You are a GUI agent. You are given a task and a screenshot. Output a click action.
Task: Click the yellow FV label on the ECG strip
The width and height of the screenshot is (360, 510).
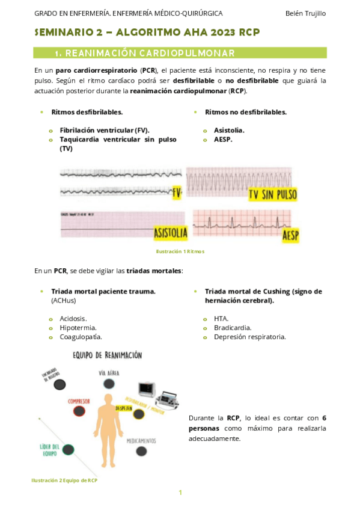177,193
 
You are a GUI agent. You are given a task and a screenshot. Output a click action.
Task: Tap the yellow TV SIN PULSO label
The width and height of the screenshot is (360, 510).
272,194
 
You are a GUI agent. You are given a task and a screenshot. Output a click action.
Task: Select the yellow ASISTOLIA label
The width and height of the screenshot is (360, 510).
170,232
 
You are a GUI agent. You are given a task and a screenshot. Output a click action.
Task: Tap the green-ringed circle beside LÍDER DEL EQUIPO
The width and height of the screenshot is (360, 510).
68,449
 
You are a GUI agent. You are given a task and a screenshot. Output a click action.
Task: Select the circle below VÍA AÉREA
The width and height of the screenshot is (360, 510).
109,384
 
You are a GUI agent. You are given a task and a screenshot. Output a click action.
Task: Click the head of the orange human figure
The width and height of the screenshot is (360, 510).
109,401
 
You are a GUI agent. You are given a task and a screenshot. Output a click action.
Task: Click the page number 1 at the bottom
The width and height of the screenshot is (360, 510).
180,493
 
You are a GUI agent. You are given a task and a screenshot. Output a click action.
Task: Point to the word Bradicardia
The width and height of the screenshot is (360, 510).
233,328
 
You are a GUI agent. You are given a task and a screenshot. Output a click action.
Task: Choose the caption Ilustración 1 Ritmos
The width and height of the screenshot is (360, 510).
180,251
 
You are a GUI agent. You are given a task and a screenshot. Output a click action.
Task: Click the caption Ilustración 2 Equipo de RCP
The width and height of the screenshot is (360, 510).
64,481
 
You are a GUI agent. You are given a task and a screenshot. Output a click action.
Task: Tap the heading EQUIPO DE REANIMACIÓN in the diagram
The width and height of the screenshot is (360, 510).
107,355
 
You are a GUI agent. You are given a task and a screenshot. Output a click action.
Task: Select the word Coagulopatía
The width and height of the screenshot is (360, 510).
81,337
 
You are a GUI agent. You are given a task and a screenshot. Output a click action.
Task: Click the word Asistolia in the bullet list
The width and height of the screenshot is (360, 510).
229,130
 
